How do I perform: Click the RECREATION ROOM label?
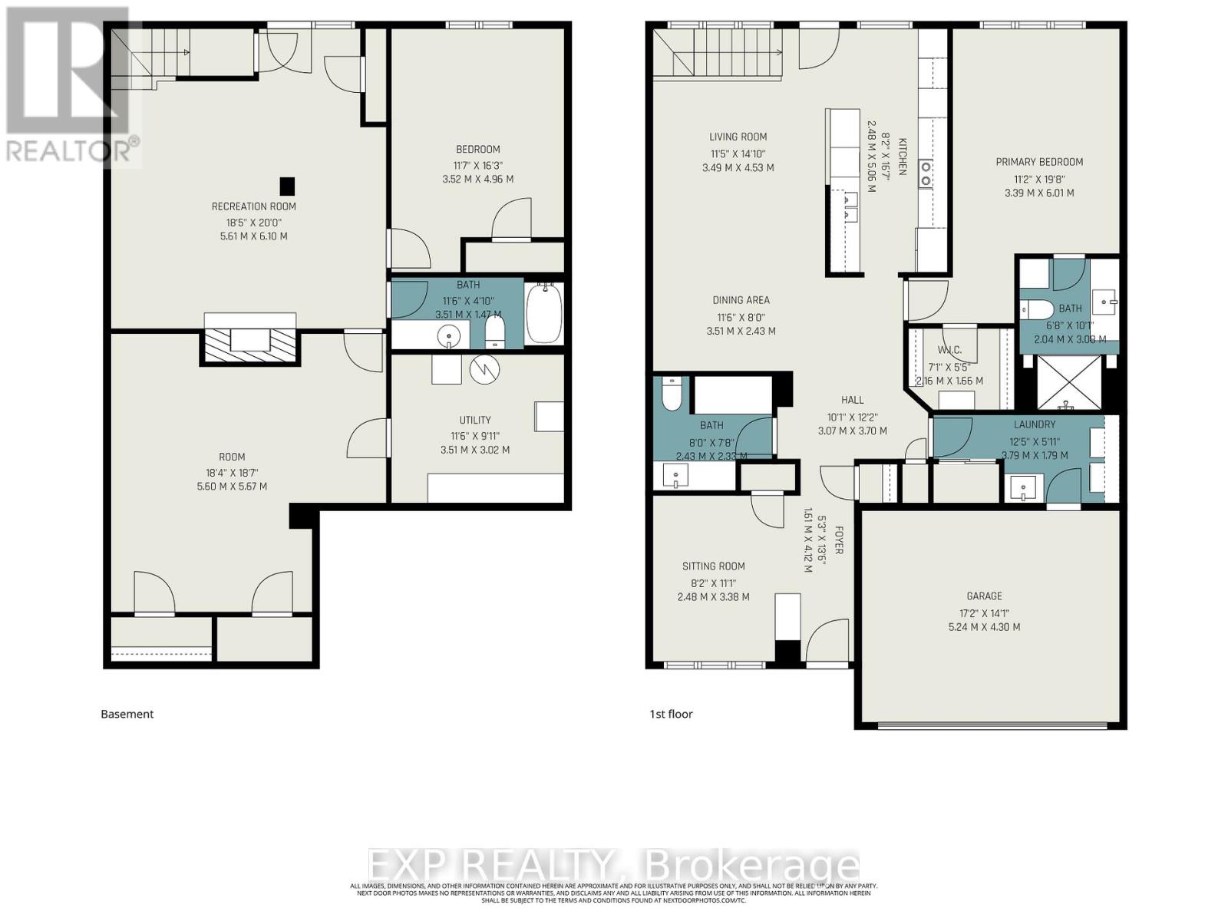coord(253,206)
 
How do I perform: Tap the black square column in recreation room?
coord(287,186)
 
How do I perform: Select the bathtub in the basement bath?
coord(544,315)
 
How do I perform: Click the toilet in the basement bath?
coord(495,332)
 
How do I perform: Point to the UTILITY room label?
coord(475,420)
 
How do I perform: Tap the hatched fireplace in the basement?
coord(249,340)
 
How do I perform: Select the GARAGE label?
coord(984,596)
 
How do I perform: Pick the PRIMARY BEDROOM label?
coord(1039,162)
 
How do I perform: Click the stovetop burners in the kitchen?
coord(926,173)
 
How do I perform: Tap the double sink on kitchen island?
coord(850,207)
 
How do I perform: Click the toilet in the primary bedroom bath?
coord(1036,309)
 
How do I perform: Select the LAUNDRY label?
coord(1034,424)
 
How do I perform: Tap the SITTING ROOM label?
coord(713,566)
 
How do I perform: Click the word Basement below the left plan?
coord(127,714)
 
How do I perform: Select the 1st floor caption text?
coord(671,714)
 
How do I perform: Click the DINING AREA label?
coord(741,300)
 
